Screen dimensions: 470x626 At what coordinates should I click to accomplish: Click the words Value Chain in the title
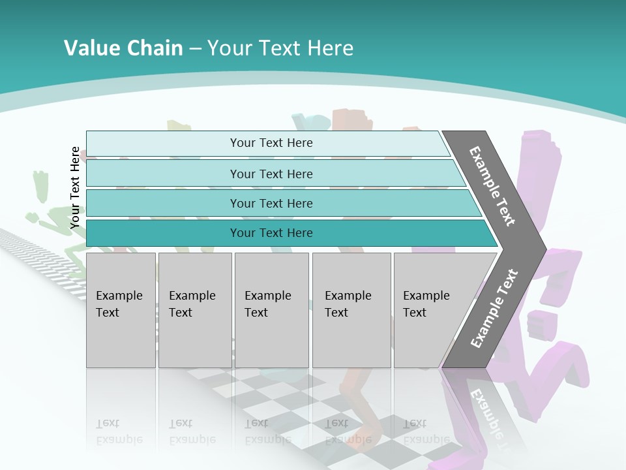click(x=123, y=48)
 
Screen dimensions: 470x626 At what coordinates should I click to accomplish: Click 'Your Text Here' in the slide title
click(x=280, y=48)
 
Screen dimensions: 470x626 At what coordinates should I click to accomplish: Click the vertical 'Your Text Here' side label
click(x=75, y=188)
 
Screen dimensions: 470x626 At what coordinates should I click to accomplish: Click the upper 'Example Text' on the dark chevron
click(x=492, y=186)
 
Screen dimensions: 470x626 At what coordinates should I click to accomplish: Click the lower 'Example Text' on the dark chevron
click(x=494, y=309)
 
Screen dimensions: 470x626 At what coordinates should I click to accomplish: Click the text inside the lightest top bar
click(x=271, y=143)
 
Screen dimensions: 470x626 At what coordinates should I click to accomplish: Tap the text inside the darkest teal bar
click(x=271, y=233)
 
